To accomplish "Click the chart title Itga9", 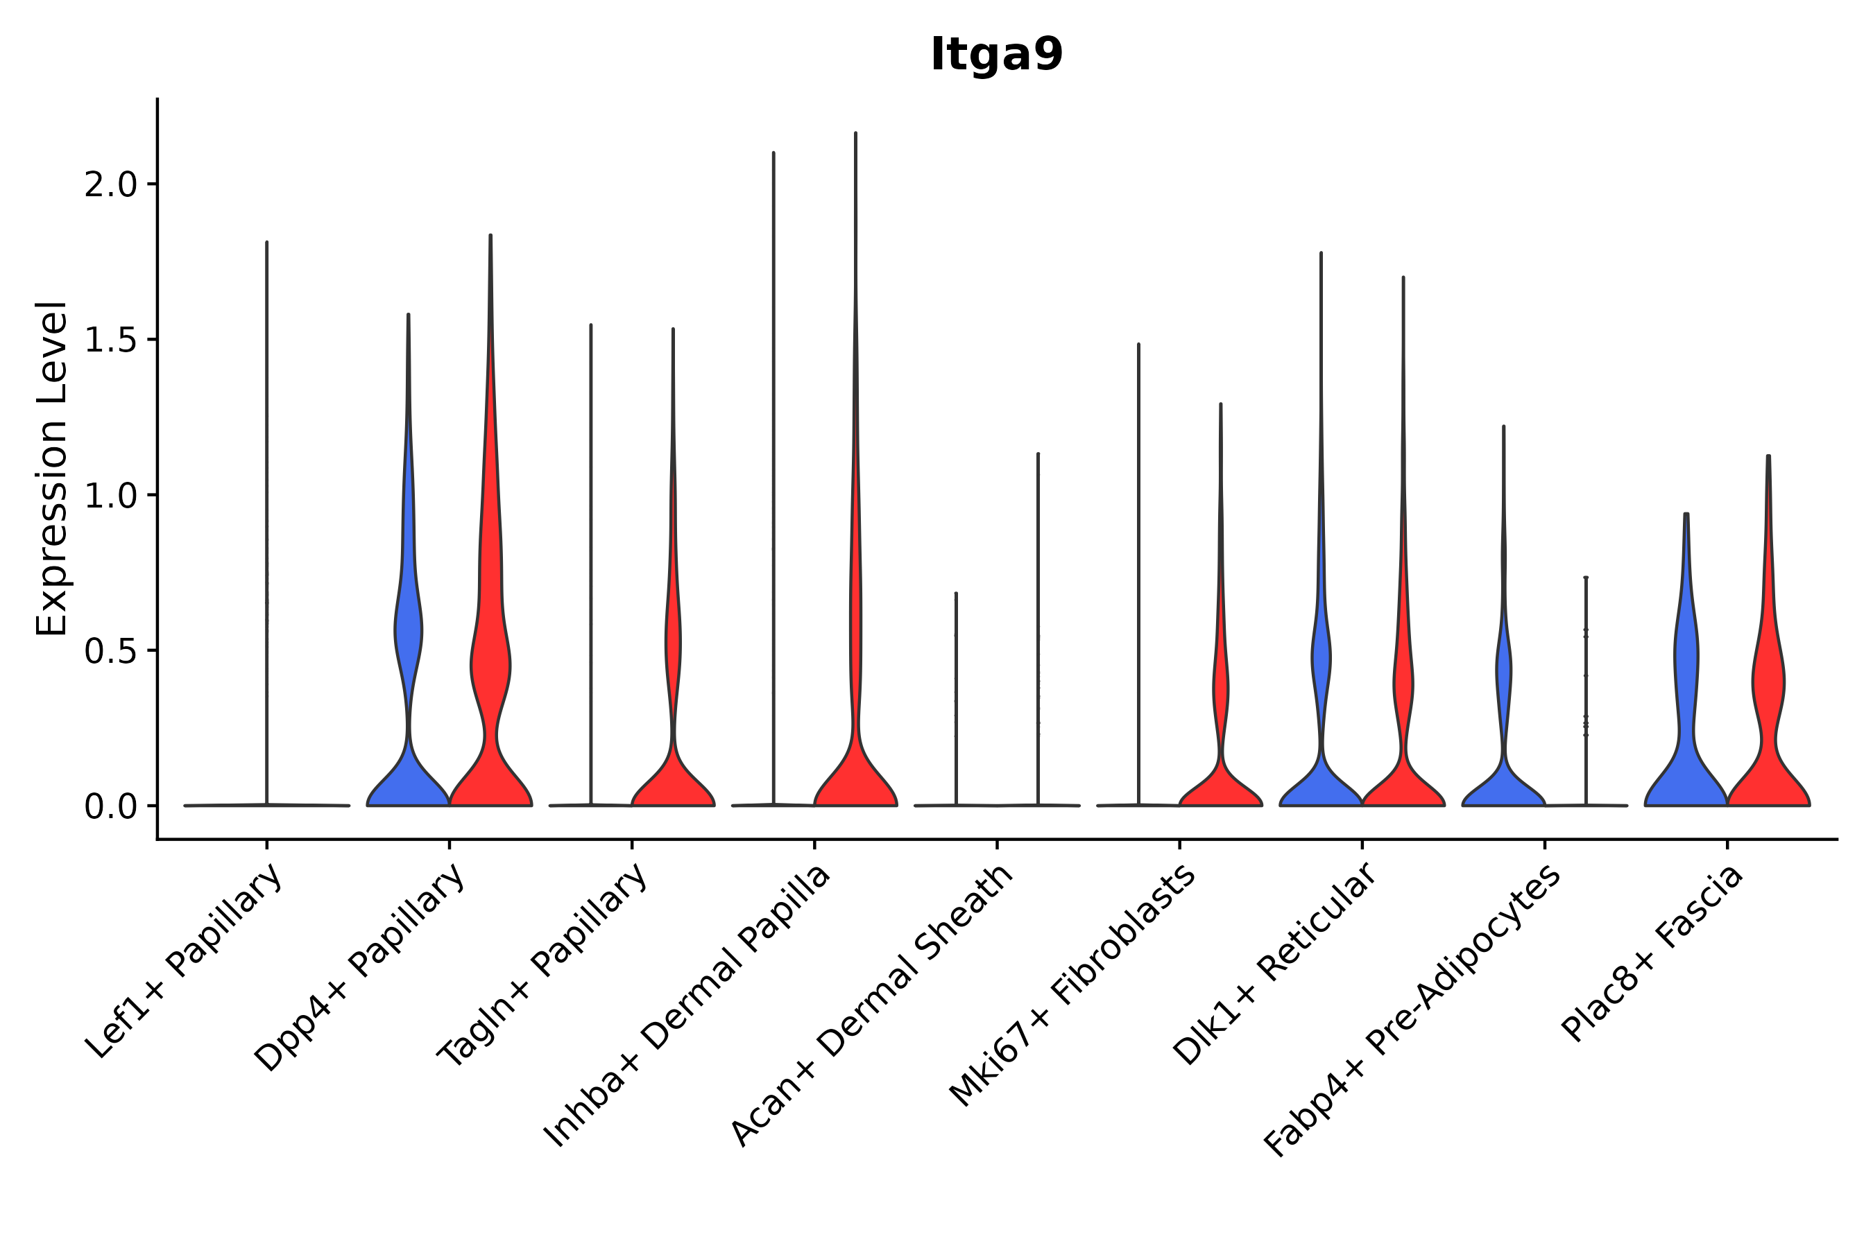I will [996, 55].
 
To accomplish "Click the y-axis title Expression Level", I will [52, 468].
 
